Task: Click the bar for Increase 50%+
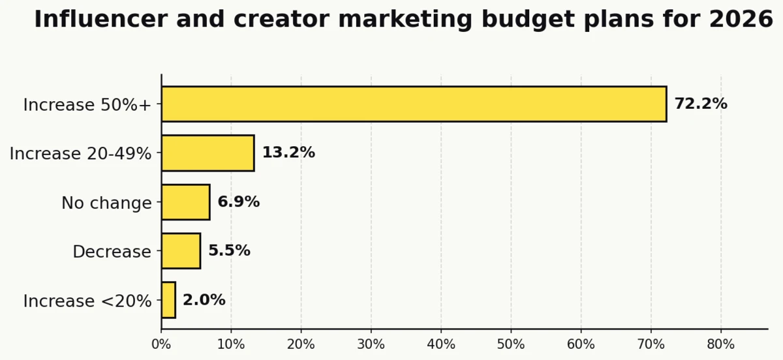(x=414, y=104)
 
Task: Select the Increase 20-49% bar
(x=207, y=153)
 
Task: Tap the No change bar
(x=185, y=202)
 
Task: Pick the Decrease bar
(x=181, y=251)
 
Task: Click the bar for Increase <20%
(x=168, y=300)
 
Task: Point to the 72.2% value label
(x=700, y=104)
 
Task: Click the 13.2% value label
(x=288, y=153)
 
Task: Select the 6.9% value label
(x=238, y=202)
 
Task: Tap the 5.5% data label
(x=229, y=251)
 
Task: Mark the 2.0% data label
(x=204, y=300)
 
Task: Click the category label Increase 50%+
(x=87, y=105)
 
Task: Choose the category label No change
(x=106, y=203)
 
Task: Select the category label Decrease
(x=112, y=252)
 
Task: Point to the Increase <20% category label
(x=87, y=301)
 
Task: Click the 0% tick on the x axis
(x=161, y=344)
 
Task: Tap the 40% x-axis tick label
(x=441, y=344)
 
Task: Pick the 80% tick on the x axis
(x=721, y=344)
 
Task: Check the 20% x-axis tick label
(x=301, y=344)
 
